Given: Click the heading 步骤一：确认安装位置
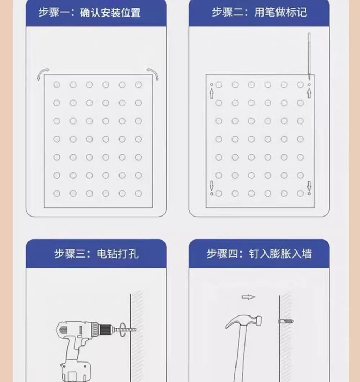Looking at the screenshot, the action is pos(89,13).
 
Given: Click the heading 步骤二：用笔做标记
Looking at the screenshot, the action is pos(259,12).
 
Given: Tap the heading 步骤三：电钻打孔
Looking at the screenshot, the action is pos(96,254).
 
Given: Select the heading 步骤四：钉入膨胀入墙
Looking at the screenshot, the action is pos(259,254).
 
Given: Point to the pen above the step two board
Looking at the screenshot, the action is pos(309,56).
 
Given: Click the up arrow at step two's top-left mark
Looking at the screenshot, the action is pos(211,93).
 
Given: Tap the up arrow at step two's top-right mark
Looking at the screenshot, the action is pos(309,93).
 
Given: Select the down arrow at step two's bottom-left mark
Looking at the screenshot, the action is pos(211,186).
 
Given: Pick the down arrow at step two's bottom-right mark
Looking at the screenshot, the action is pos(309,186).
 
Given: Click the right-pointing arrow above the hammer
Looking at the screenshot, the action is pos(248,297).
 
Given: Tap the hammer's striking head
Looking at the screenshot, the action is pos(258,320).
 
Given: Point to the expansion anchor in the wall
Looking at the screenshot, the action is pos(286,322).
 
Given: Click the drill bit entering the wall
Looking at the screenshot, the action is pos(129,329).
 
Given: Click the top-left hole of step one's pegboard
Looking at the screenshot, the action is pos(57,85).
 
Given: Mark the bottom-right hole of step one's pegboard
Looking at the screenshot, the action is pos(138,194).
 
